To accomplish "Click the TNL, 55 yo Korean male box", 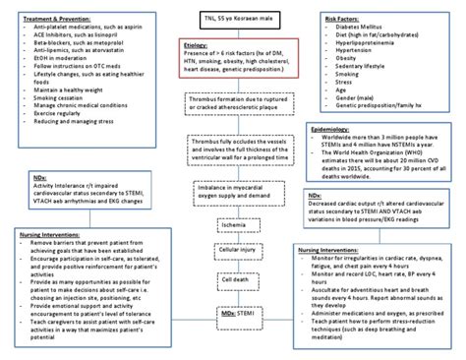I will pos(233,17).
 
